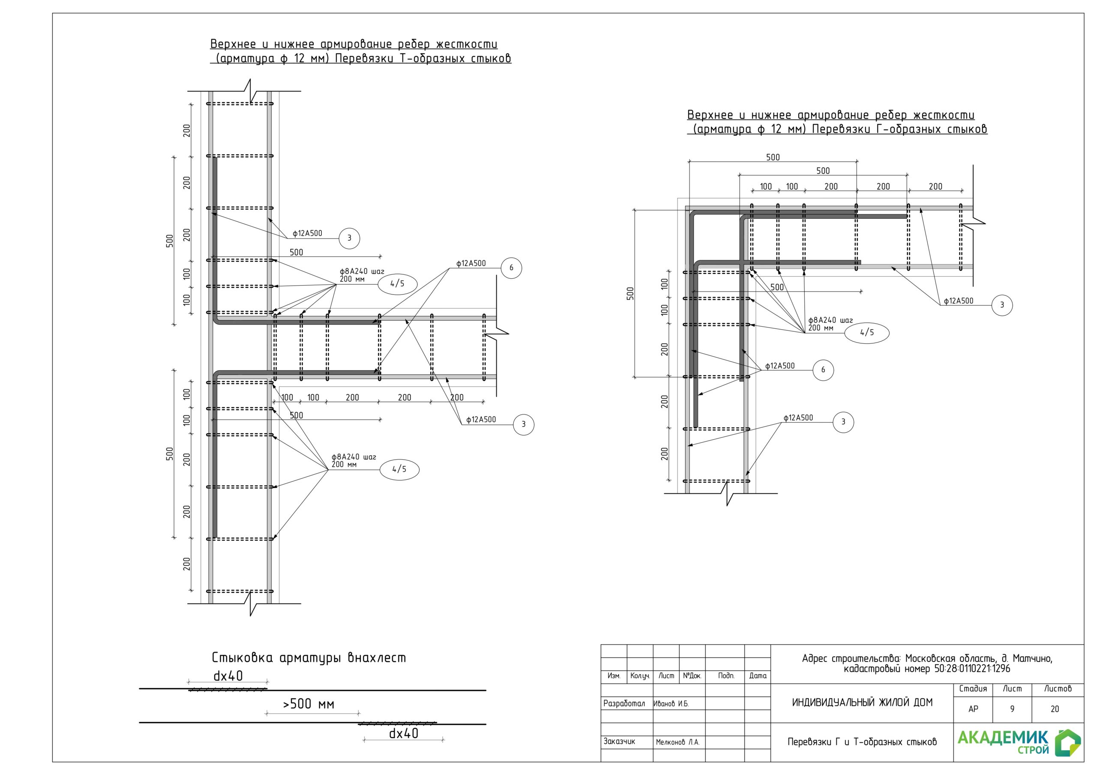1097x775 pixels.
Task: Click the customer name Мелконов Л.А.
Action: (x=677, y=742)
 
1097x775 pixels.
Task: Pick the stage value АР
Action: (x=973, y=709)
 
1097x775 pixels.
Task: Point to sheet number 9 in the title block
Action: (x=1012, y=709)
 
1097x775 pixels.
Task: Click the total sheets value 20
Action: (x=1055, y=709)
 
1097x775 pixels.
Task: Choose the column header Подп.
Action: (x=726, y=676)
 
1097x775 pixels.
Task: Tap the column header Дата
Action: (x=757, y=676)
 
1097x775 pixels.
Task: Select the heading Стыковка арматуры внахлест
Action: (x=309, y=658)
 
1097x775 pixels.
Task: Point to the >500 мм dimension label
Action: (x=309, y=704)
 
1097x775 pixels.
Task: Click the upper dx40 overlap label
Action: (x=228, y=676)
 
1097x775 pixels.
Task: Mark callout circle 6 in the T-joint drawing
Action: (x=511, y=268)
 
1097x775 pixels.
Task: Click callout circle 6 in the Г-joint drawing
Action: (x=823, y=370)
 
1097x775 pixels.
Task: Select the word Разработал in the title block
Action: (x=624, y=703)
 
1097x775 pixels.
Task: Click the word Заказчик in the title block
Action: (x=619, y=742)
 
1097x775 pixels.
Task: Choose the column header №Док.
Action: (x=692, y=676)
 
